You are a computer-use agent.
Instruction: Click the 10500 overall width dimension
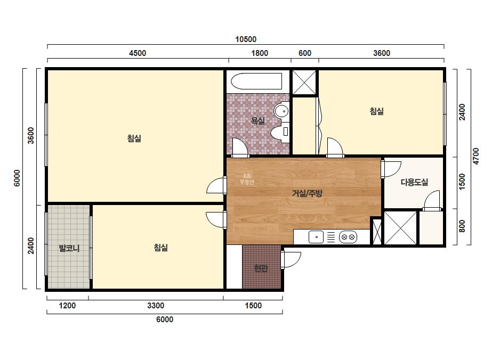[x=246, y=39]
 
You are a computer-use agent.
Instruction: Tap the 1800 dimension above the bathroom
[x=260, y=53]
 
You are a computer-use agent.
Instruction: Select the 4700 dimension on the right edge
[x=476, y=156]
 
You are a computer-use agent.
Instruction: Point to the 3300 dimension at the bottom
[x=156, y=306]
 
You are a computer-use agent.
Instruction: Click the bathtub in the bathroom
[x=256, y=81]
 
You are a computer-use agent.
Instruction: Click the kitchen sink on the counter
[x=316, y=237]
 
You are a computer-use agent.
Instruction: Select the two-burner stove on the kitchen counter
[x=348, y=237]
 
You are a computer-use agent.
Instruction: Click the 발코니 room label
[x=69, y=248]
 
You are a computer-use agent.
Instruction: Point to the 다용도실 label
[x=414, y=182]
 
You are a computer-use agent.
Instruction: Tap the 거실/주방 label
[x=307, y=193]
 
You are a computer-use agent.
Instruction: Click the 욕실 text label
[x=257, y=121]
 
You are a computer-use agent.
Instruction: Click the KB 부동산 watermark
[x=247, y=179]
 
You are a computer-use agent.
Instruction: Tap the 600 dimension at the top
[x=305, y=53]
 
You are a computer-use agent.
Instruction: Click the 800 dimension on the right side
[x=462, y=226]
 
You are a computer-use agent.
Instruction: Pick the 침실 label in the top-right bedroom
[x=376, y=111]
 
